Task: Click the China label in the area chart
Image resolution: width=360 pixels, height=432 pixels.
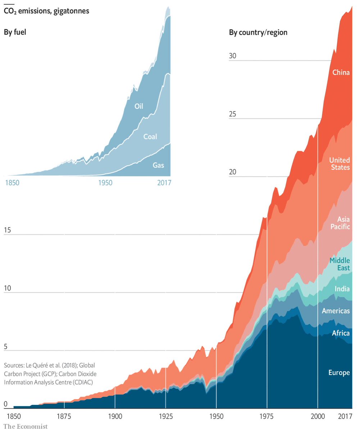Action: pyautogui.click(x=341, y=72)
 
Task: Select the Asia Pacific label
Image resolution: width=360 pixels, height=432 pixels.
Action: pyautogui.click(x=343, y=223)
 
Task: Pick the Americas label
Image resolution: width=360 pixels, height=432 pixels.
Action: pyautogui.click(x=336, y=311)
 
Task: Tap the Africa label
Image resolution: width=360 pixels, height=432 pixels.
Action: pyautogui.click(x=341, y=333)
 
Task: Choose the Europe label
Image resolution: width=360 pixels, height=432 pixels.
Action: pyautogui.click(x=339, y=373)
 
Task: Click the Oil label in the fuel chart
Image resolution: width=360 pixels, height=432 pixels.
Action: pyautogui.click(x=139, y=106)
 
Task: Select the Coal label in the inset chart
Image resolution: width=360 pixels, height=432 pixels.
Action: pyautogui.click(x=150, y=136)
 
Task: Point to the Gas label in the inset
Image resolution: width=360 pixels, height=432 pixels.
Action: pyautogui.click(x=158, y=165)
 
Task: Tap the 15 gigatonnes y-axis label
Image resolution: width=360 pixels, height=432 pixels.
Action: pyautogui.click(x=8, y=230)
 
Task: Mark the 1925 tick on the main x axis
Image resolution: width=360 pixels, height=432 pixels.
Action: pyautogui.click(x=165, y=416)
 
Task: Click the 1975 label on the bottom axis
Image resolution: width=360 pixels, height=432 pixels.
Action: pyautogui.click(x=267, y=416)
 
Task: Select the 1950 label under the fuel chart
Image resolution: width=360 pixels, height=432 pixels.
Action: pyautogui.click(x=105, y=183)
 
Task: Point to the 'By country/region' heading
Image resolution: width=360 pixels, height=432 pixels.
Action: pyautogui.click(x=258, y=32)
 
